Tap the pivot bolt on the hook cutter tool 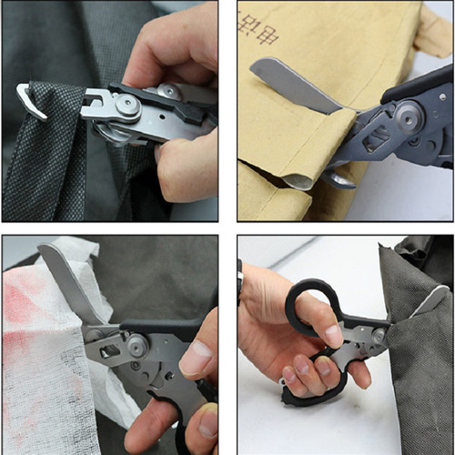pos(126,106)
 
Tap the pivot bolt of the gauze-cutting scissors pos(136,346)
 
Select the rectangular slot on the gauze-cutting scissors pos(109,351)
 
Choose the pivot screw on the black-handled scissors pos(376,337)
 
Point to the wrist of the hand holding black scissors pos(250,296)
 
